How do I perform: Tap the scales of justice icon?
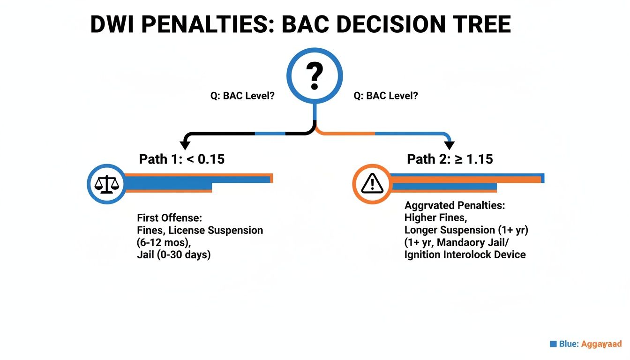coord(107,184)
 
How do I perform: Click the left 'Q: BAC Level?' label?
coord(242,96)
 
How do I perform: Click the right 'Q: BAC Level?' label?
coord(385,96)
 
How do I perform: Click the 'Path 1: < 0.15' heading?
coord(182,159)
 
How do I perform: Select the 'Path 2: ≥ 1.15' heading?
coord(450,159)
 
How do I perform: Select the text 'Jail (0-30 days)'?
coord(173,255)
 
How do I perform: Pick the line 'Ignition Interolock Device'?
coord(465,255)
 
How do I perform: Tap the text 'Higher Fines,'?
coord(435,218)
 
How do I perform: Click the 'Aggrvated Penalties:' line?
coord(455,206)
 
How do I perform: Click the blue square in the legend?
coord(553,344)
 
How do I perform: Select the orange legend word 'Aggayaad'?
coord(601,344)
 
